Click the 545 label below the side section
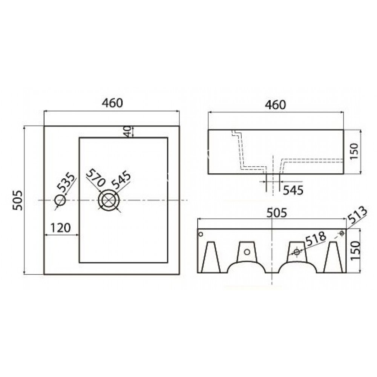click(293, 190)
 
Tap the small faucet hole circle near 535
click(60, 199)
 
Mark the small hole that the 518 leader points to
click(297, 251)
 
